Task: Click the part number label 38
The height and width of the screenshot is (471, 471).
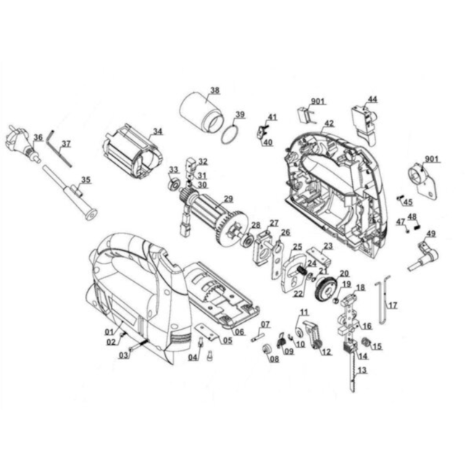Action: point(215,90)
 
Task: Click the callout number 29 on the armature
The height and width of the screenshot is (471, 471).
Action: point(228,199)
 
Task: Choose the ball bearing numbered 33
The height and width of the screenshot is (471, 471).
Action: point(174,184)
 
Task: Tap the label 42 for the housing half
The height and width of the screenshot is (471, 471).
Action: point(329,123)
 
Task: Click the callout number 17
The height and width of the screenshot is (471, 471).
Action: point(393,306)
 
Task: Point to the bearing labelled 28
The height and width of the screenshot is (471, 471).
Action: point(248,240)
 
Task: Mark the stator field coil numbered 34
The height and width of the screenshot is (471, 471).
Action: point(133,153)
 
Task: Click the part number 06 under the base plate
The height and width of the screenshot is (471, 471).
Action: point(239,332)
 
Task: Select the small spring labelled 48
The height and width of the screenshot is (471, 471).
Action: point(417,225)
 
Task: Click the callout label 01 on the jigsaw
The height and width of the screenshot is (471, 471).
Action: point(109,332)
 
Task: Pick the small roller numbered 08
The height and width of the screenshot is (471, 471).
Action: point(267,349)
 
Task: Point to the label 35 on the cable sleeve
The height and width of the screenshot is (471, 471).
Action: point(86,180)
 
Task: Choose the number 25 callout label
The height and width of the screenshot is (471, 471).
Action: point(297,246)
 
